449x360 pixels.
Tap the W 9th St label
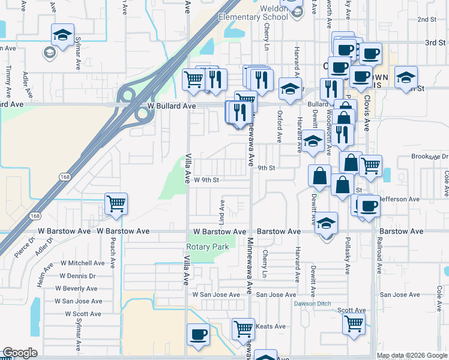[206, 180]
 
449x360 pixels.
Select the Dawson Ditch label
[312, 304]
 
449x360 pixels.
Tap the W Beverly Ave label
[80, 289]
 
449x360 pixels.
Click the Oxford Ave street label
[279, 126]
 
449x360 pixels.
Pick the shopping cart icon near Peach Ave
[115, 203]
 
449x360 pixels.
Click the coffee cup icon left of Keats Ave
[197, 334]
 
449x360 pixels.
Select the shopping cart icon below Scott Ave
[354, 323]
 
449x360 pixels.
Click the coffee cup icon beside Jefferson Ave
[369, 206]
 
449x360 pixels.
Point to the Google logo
[20, 353]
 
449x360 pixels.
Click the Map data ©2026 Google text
[412, 355]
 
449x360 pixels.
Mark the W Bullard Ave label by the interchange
[172, 106]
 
